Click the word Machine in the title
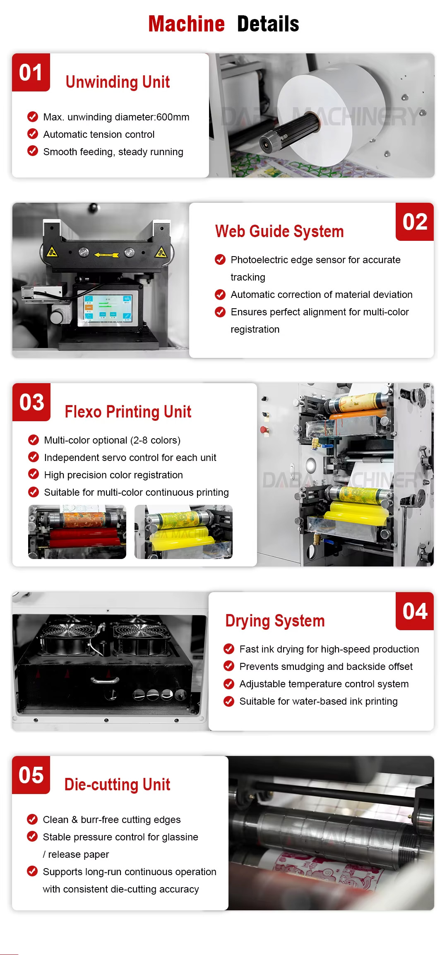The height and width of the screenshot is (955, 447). tap(186, 24)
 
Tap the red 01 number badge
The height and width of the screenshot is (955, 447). tap(31, 72)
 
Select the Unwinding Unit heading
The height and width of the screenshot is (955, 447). tap(118, 82)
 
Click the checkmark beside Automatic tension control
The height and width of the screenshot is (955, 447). tap(33, 134)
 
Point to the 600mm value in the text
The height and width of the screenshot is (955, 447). tap(173, 117)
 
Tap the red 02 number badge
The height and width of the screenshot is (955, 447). tap(415, 222)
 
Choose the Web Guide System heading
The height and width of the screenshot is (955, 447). tap(279, 231)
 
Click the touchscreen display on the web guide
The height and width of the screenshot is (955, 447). tap(108, 307)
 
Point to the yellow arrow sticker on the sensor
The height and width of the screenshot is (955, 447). tap(106, 255)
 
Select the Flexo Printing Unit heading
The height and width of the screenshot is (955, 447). tap(128, 412)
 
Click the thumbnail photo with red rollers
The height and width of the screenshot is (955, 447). tap(77, 532)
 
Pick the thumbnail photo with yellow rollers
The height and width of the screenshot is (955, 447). tap(183, 532)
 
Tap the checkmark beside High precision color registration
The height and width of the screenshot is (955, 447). tap(33, 474)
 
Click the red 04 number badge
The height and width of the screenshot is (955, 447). tap(415, 611)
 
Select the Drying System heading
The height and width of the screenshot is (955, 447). tap(275, 621)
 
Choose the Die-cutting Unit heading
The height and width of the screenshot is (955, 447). tap(117, 785)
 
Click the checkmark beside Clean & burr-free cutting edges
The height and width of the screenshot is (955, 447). tap(32, 819)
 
